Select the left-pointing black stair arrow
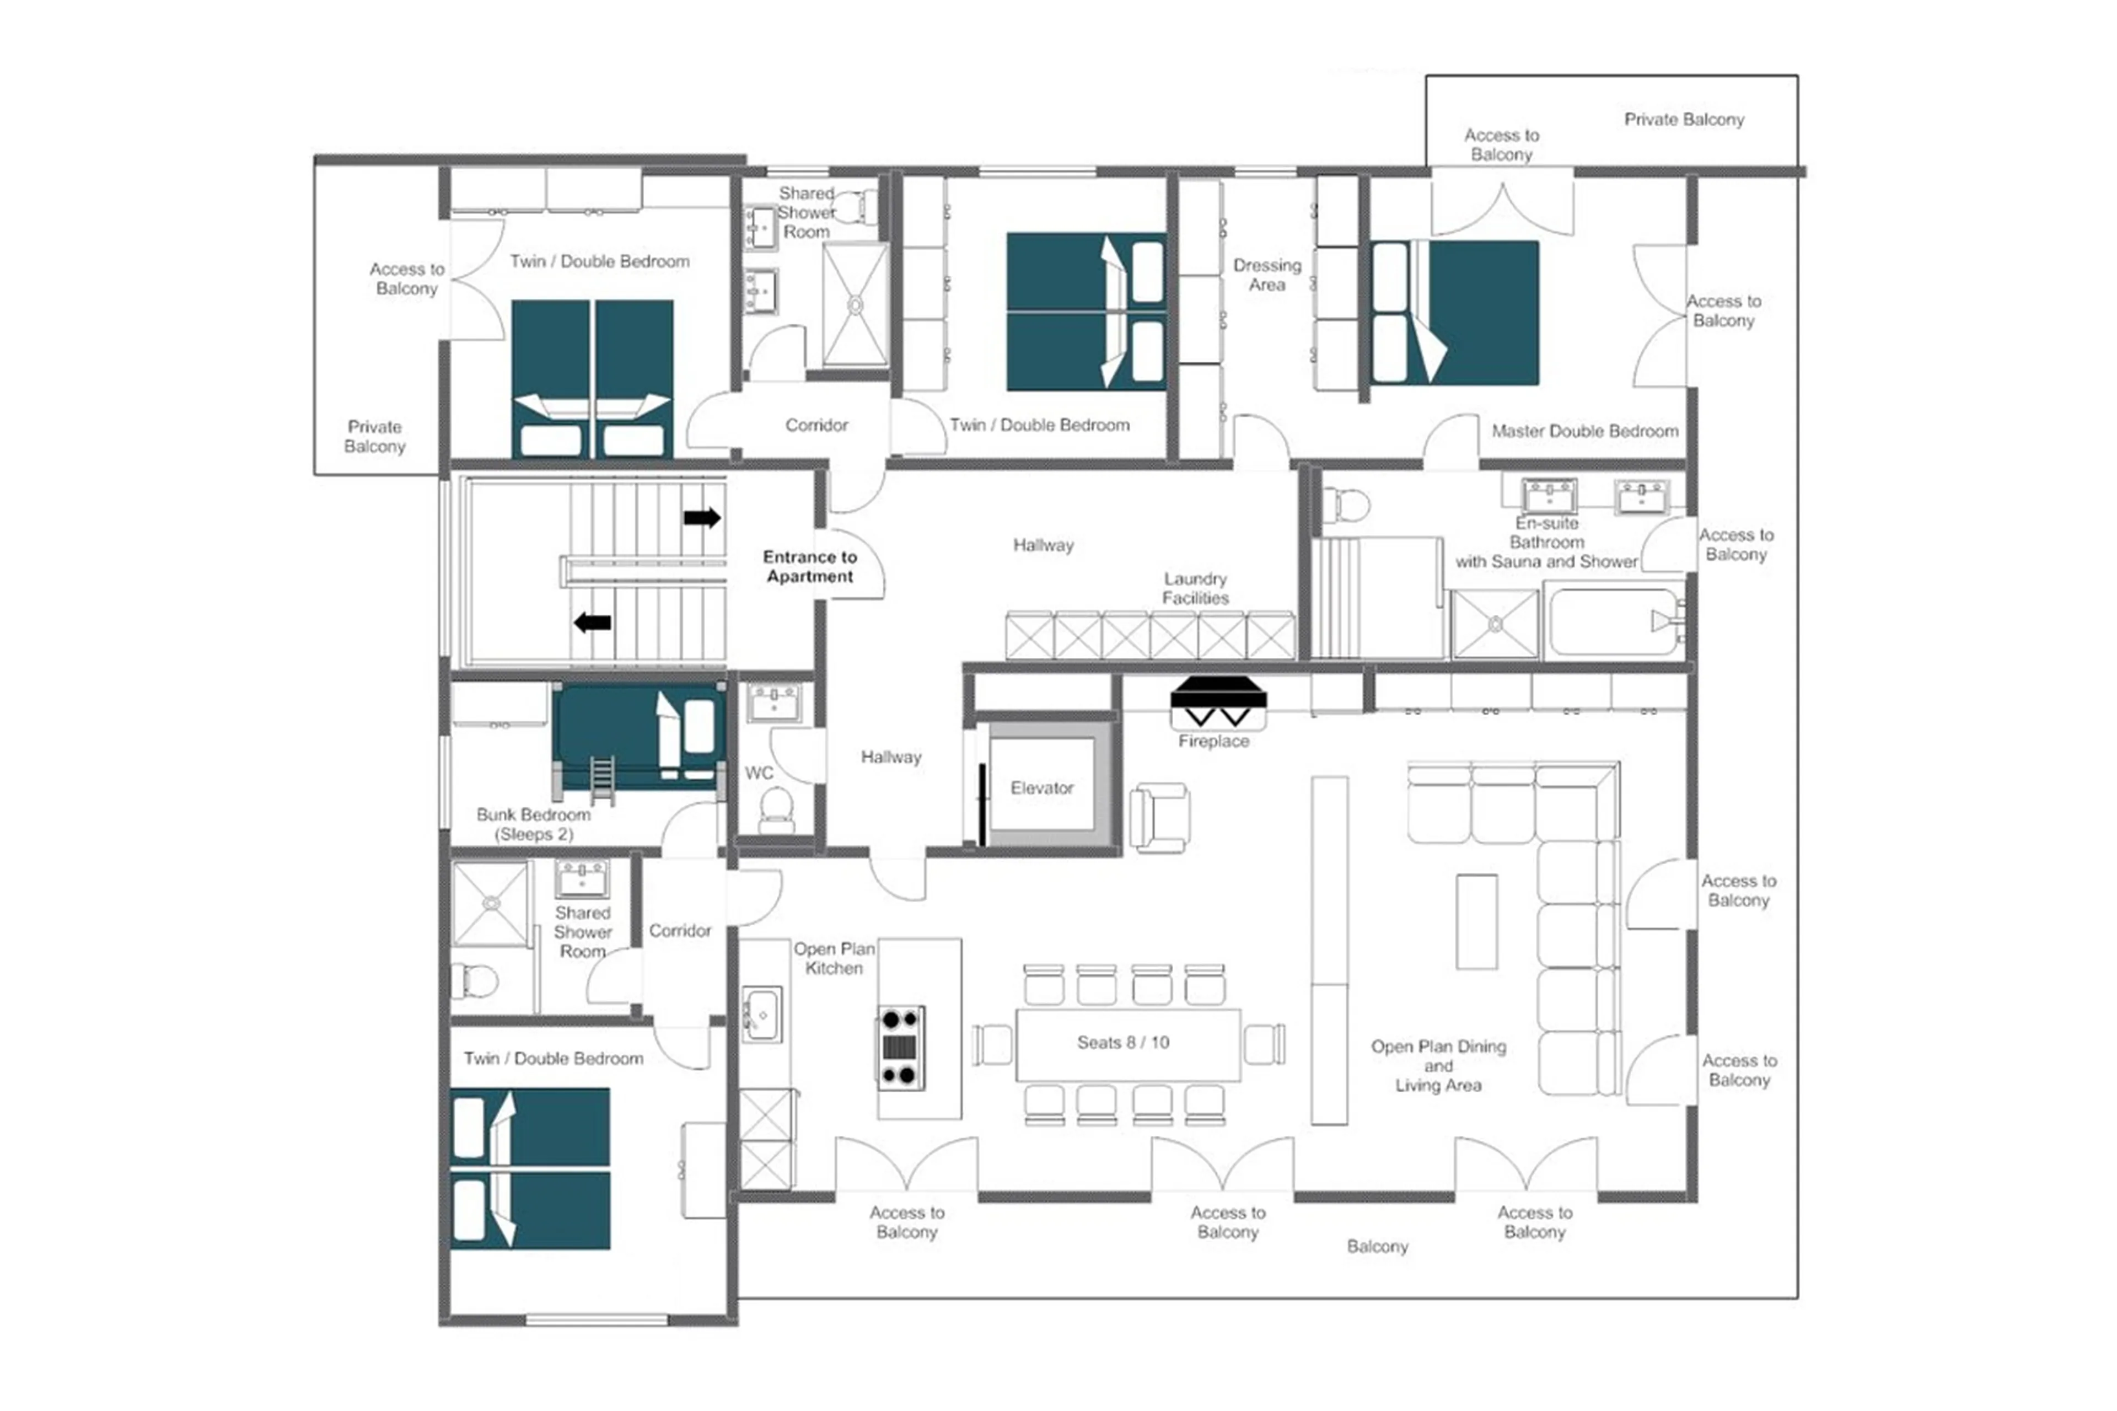coord(592,622)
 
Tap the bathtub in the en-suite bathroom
coord(1612,621)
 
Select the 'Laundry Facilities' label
coord(1194,588)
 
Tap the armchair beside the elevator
coord(1160,817)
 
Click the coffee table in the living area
coord(1476,921)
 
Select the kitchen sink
coord(762,1015)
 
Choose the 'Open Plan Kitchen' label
coord(833,958)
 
